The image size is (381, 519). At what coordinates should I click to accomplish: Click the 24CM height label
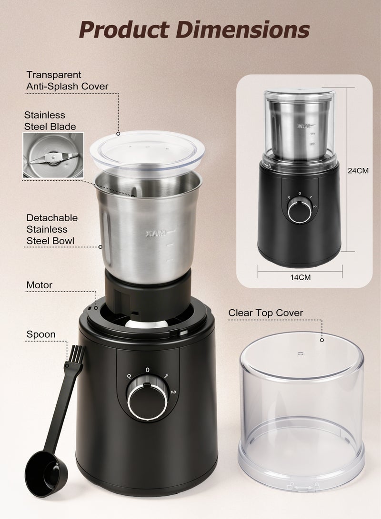pyautogui.click(x=358, y=171)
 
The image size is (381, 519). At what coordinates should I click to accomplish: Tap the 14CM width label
pyautogui.click(x=300, y=277)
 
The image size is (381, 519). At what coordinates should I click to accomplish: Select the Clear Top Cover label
pyautogui.click(x=266, y=313)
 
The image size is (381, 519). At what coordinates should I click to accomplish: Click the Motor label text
pyautogui.click(x=39, y=285)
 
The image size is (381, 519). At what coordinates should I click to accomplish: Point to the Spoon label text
pyautogui.click(x=41, y=334)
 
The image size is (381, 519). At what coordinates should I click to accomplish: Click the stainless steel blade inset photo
pyautogui.click(x=53, y=155)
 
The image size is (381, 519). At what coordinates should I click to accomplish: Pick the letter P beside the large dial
pyautogui.click(x=130, y=376)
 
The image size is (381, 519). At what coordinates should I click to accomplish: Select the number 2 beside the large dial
pyautogui.click(x=173, y=392)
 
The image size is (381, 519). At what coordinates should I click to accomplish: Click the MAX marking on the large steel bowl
pyautogui.click(x=156, y=234)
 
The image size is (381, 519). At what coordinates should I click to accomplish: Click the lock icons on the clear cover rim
pyautogui.click(x=303, y=486)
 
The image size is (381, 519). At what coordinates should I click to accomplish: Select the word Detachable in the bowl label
pyautogui.click(x=52, y=218)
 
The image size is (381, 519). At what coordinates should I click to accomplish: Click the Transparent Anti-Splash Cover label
pyautogui.click(x=67, y=80)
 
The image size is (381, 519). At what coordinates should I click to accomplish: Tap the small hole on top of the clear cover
pyautogui.click(x=301, y=353)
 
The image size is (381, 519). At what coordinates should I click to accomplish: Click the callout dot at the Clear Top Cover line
pyautogui.click(x=321, y=340)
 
